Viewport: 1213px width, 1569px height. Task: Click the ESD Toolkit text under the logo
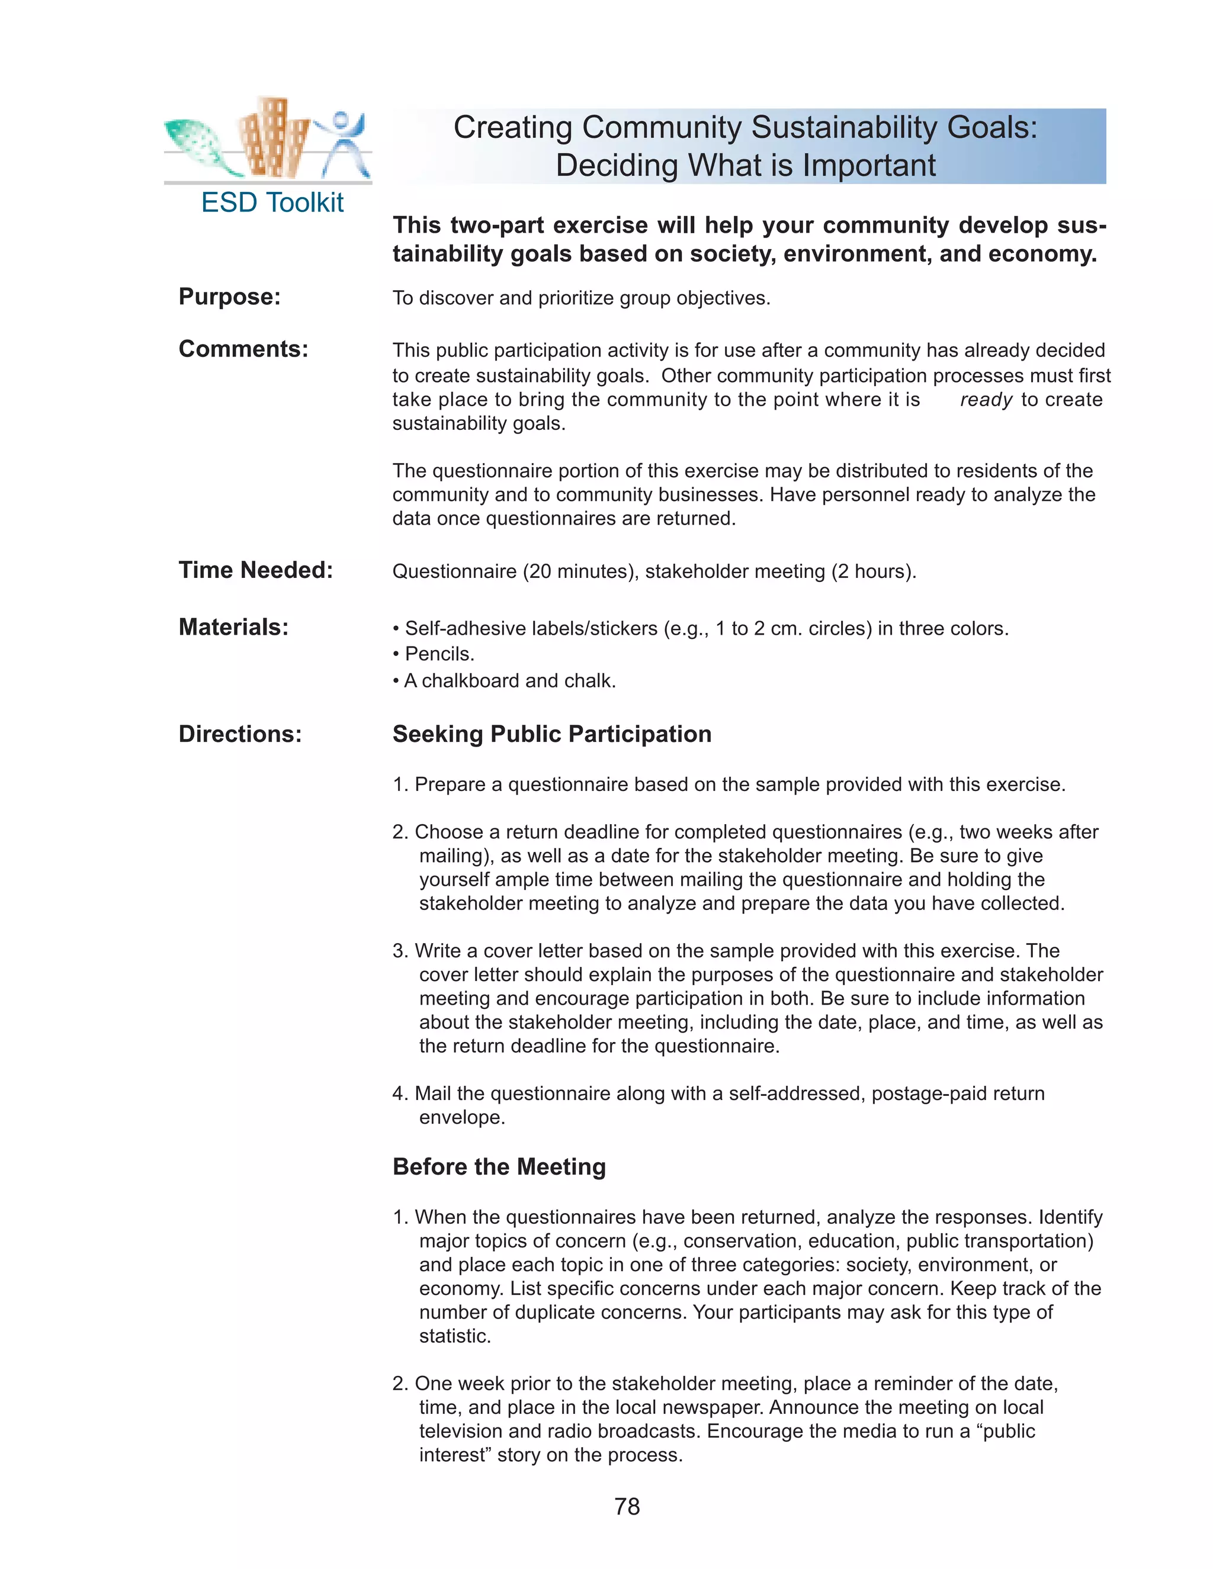pyautogui.click(x=272, y=202)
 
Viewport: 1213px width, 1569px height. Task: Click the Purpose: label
pyautogui.click(x=229, y=297)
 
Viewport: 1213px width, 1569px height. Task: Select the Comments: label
pyautogui.click(x=243, y=349)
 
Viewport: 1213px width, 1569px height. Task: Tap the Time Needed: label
pyautogui.click(x=255, y=570)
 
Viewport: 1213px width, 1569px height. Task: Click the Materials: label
pyautogui.click(x=233, y=627)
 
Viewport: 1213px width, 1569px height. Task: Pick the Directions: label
pyautogui.click(x=239, y=734)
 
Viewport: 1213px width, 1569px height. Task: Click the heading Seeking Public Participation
pyautogui.click(x=551, y=734)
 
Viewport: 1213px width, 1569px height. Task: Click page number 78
pyautogui.click(x=627, y=1506)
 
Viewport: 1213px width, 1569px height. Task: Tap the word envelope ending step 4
pyautogui.click(x=461, y=1118)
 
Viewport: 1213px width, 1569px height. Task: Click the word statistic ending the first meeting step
pyautogui.click(x=454, y=1336)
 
